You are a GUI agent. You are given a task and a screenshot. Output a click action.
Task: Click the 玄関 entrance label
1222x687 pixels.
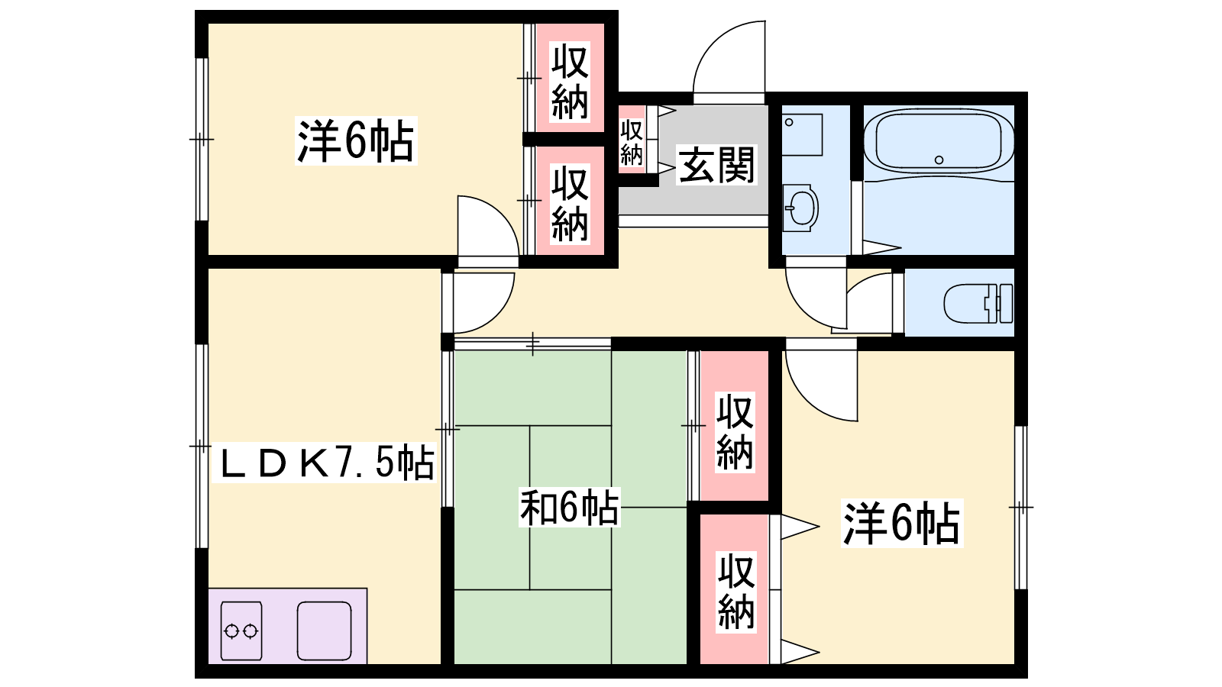point(716,165)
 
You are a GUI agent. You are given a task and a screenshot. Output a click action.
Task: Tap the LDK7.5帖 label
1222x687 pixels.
point(325,463)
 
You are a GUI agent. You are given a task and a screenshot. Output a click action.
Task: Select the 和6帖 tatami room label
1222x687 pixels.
point(569,508)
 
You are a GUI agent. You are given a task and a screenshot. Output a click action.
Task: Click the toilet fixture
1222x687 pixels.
point(978,303)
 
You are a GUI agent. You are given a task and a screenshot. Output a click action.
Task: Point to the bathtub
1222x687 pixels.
point(939,142)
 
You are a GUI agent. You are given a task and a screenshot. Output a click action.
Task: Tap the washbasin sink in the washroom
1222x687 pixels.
point(800,208)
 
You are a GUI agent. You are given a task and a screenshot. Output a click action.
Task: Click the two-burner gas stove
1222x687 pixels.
point(241,631)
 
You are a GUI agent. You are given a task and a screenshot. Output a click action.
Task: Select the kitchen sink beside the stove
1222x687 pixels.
point(324,631)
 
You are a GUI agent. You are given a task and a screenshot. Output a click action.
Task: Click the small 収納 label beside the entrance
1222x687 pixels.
point(632,142)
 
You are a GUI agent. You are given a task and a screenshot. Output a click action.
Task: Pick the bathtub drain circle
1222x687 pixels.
point(939,160)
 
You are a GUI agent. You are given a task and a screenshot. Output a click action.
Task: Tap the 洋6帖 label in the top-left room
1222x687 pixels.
point(356,140)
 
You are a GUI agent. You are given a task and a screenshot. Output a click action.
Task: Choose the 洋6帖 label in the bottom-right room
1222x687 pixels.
point(902,523)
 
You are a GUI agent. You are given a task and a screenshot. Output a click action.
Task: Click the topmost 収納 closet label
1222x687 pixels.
point(570,82)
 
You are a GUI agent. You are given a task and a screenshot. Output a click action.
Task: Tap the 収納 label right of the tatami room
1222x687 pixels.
point(735,432)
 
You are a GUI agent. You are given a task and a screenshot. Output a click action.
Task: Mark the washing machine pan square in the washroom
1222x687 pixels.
point(802,134)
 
